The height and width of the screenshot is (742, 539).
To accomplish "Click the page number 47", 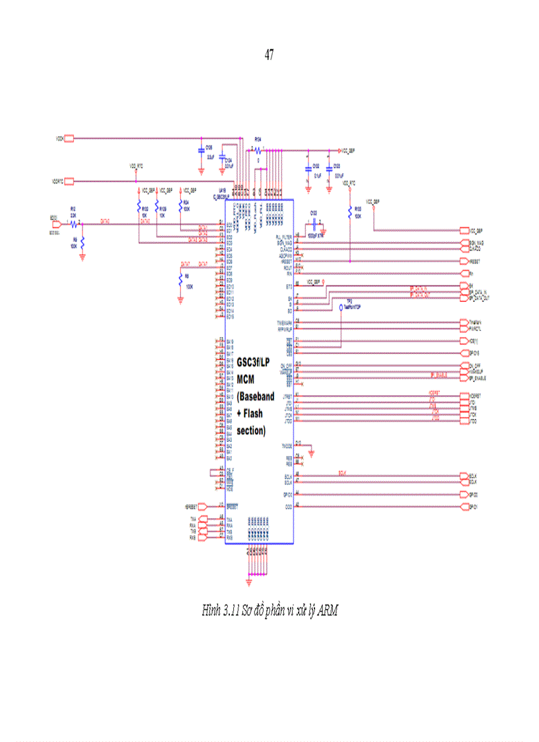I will point(269,56).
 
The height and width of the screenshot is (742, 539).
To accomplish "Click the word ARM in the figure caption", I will point(328,611).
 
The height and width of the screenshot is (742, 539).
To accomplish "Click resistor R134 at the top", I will point(258,150).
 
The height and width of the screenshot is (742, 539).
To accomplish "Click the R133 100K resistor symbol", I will point(349,213).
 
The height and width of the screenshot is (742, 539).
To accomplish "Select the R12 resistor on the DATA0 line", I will point(73,223).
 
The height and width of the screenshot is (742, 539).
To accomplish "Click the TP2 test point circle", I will point(341,307).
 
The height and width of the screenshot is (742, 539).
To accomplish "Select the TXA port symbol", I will point(202,520).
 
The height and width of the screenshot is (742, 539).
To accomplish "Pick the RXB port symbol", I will point(202,538).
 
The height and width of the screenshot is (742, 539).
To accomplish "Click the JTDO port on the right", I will point(464,420).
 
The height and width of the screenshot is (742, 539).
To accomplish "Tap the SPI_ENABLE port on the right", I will point(464,378).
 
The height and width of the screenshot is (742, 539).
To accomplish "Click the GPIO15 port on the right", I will point(464,353).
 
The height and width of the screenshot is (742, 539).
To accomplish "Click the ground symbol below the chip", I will point(248,581).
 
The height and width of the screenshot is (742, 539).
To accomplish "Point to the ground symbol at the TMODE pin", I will point(312,453).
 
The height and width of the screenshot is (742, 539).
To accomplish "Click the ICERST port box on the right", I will point(464,396).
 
